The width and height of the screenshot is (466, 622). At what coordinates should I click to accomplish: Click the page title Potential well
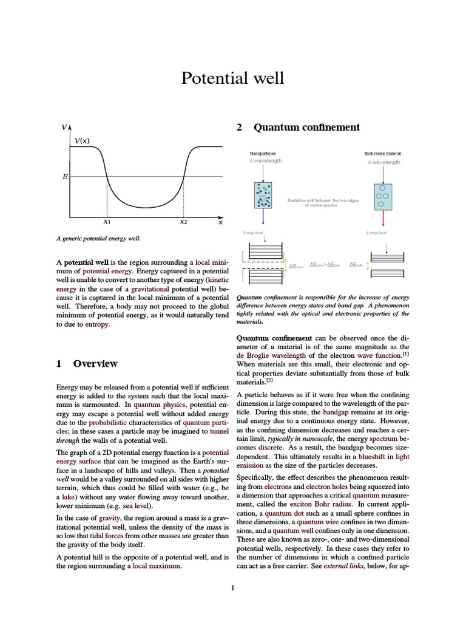click(x=232, y=78)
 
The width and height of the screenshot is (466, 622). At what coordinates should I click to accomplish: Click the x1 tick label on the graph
click(x=107, y=222)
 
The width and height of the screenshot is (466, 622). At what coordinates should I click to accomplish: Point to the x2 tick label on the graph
click(x=183, y=222)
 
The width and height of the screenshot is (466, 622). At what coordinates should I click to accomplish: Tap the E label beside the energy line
click(x=64, y=177)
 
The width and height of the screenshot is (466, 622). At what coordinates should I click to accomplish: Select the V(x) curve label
click(x=82, y=141)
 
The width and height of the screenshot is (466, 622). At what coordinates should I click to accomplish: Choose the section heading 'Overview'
click(x=95, y=363)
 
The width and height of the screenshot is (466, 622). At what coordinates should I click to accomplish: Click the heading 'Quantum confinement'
click(x=306, y=128)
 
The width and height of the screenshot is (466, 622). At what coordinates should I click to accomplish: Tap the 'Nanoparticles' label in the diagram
click(x=262, y=154)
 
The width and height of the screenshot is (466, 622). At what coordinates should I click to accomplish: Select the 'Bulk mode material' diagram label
click(x=383, y=154)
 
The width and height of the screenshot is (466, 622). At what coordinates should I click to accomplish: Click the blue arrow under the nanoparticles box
click(x=263, y=216)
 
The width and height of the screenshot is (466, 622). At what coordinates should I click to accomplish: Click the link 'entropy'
click(x=98, y=325)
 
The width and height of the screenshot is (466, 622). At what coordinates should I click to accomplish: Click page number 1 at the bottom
click(x=232, y=587)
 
